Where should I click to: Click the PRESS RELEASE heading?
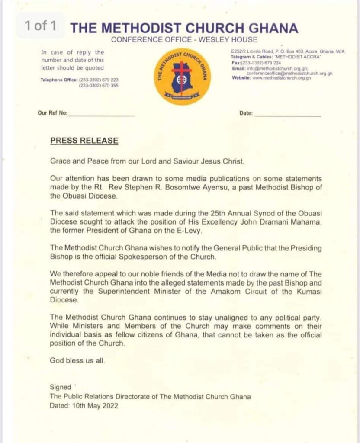84,141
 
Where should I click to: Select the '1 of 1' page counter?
40,26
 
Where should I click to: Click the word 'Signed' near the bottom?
60,388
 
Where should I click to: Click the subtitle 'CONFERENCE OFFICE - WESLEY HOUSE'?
184,40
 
